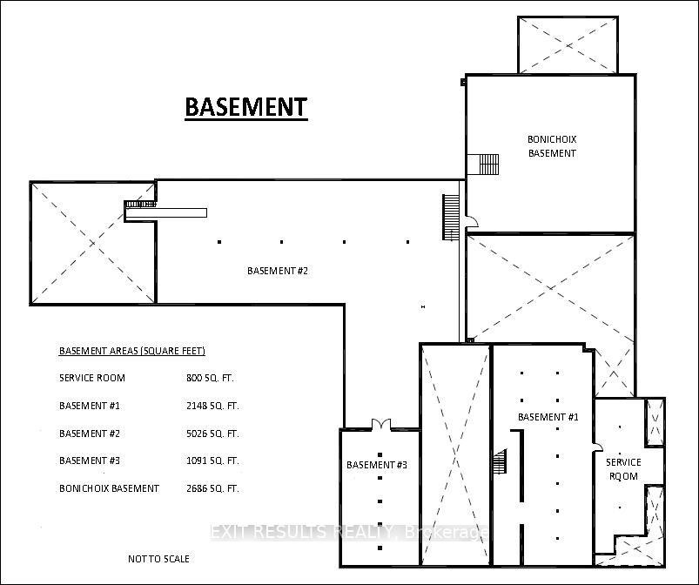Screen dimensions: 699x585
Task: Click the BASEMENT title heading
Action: pyautogui.click(x=246, y=107)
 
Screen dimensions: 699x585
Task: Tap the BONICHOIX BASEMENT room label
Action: pyautogui.click(x=552, y=146)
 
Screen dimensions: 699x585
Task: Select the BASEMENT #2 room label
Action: pyautogui.click(x=278, y=271)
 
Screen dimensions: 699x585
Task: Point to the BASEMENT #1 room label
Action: pyautogui.click(x=548, y=417)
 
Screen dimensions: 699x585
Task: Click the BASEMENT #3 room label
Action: pyautogui.click(x=377, y=465)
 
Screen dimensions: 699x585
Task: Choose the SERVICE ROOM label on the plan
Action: pyautogui.click(x=623, y=469)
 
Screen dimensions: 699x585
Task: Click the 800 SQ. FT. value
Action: pyautogui.click(x=210, y=378)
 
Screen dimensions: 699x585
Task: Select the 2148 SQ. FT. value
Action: pyautogui.click(x=212, y=406)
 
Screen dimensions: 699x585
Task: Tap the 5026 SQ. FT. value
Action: pyautogui.click(x=212, y=434)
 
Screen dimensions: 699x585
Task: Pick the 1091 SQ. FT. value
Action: pyautogui.click(x=212, y=461)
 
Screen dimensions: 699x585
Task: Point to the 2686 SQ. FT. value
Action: pyautogui.click(x=212, y=488)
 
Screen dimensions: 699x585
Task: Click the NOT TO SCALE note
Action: pyautogui.click(x=158, y=559)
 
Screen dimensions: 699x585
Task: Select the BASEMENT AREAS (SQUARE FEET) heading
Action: pyautogui.click(x=132, y=351)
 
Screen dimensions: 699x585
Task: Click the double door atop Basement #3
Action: pyautogui.click(x=381, y=424)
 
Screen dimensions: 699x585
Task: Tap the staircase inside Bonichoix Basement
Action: pyautogui.click(x=488, y=165)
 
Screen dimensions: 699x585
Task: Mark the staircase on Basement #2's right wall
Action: pyautogui.click(x=451, y=217)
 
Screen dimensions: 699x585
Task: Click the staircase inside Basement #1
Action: pyautogui.click(x=501, y=461)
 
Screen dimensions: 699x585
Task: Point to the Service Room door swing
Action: pyautogui.click(x=597, y=447)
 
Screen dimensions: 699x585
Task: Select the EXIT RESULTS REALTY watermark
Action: pyautogui.click(x=349, y=532)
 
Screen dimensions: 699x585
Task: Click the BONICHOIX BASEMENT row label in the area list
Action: pyautogui.click(x=109, y=488)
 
